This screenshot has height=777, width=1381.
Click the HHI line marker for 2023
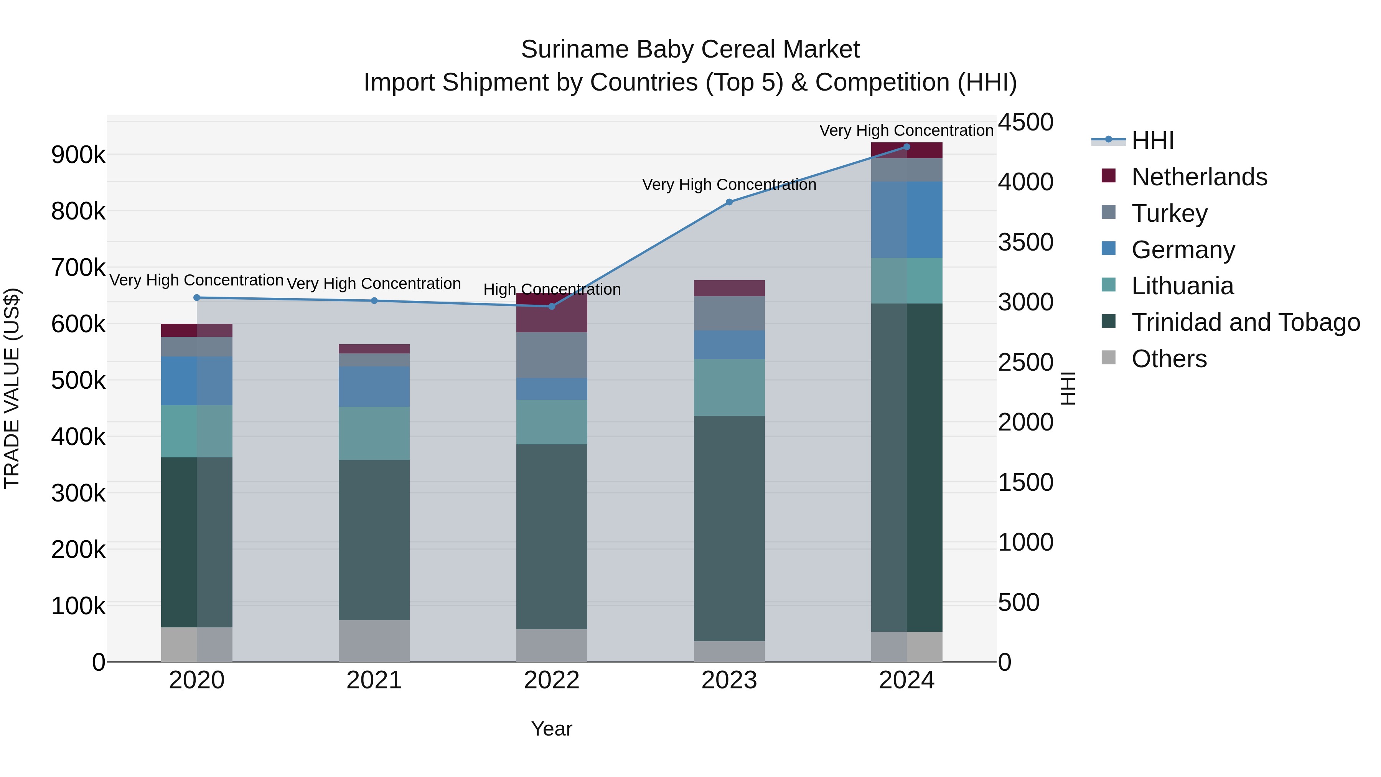(729, 202)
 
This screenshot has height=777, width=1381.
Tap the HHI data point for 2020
(197, 298)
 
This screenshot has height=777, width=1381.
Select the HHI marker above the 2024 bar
(906, 147)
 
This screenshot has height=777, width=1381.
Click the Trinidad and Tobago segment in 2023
(729, 528)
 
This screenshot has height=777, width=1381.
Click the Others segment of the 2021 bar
(374, 641)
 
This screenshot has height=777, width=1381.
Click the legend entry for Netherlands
(1199, 177)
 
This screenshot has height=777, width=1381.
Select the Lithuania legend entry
(1182, 286)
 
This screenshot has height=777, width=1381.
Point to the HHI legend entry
(1153, 140)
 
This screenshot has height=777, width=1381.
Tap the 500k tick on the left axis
(78, 381)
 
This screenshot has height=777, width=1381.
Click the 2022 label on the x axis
(552, 680)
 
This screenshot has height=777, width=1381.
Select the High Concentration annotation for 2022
(552, 290)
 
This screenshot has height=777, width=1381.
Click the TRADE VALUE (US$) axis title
(12, 388)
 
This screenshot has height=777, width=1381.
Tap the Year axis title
(552, 729)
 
